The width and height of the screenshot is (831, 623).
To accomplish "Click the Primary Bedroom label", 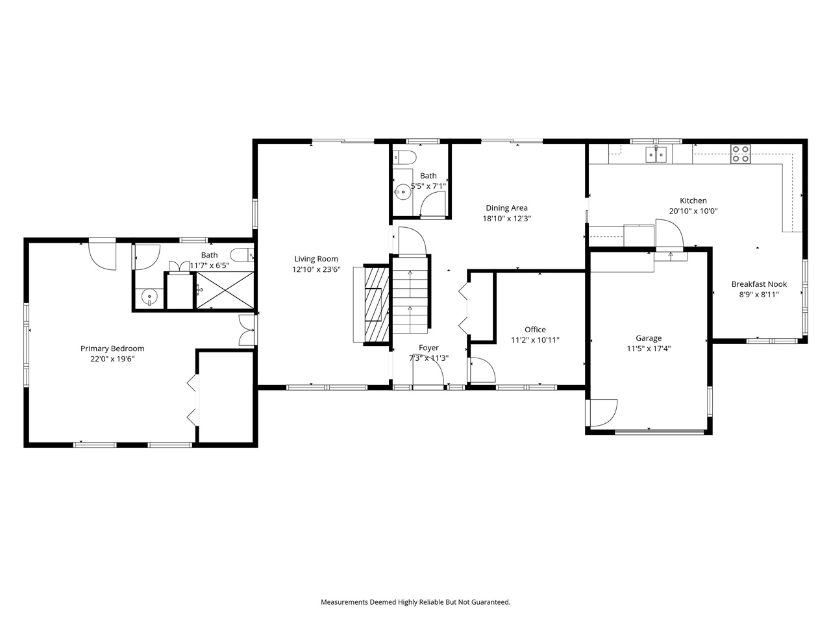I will (112, 348).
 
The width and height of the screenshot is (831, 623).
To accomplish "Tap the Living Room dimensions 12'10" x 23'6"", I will (316, 269).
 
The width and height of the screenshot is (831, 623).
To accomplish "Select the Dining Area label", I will (506, 208).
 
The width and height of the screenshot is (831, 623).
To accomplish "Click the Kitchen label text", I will (693, 201).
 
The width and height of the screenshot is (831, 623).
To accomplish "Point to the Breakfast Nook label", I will (759, 284).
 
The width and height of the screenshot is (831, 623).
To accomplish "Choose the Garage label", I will (649, 338).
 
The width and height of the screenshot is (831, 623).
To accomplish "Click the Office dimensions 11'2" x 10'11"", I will (535, 339).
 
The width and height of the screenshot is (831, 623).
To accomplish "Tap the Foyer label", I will (428, 348).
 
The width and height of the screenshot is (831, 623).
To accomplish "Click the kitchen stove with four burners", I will (740, 154).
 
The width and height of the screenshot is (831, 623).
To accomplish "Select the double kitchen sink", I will (656, 154).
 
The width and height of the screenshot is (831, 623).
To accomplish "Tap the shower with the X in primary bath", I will (225, 290).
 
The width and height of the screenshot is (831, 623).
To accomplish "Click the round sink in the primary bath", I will (149, 297).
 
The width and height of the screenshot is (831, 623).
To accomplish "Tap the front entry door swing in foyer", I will (428, 374).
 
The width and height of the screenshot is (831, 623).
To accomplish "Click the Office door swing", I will (482, 370).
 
